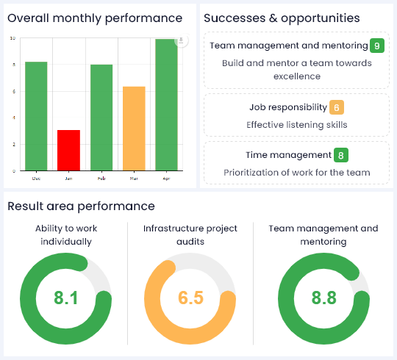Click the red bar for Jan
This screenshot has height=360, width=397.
68,150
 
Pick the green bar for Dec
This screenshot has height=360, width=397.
36,116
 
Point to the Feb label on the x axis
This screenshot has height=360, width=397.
101,178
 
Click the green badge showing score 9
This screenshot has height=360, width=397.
377,46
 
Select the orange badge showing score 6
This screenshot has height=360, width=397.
337,108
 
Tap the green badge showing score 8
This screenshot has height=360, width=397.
340,155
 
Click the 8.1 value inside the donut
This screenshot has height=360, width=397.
65,298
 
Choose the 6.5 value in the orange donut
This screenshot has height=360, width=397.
190,298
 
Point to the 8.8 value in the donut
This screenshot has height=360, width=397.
323,298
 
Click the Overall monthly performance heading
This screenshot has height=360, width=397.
95,18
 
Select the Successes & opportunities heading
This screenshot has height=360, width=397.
282,18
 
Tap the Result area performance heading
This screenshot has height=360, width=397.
81,206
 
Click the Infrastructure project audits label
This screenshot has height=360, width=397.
190,228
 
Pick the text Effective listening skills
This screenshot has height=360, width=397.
296,125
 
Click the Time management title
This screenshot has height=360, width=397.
288,155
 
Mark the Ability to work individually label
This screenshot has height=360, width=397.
65,234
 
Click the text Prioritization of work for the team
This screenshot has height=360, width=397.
296,173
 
